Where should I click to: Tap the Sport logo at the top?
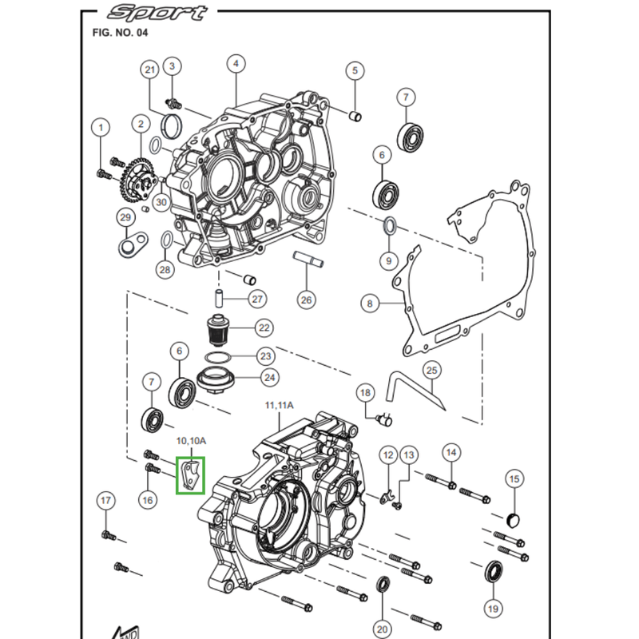(157, 12)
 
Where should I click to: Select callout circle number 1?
(101, 127)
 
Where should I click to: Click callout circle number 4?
(235, 64)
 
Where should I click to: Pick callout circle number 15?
(514, 479)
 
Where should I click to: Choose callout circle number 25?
(432, 370)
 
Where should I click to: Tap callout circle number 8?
(369, 304)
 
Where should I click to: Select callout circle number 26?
(307, 300)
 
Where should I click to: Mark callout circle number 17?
(106, 501)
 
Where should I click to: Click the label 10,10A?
(192, 441)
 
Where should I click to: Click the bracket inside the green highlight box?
(191, 474)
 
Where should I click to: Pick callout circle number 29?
(125, 218)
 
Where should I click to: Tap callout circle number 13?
(409, 454)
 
